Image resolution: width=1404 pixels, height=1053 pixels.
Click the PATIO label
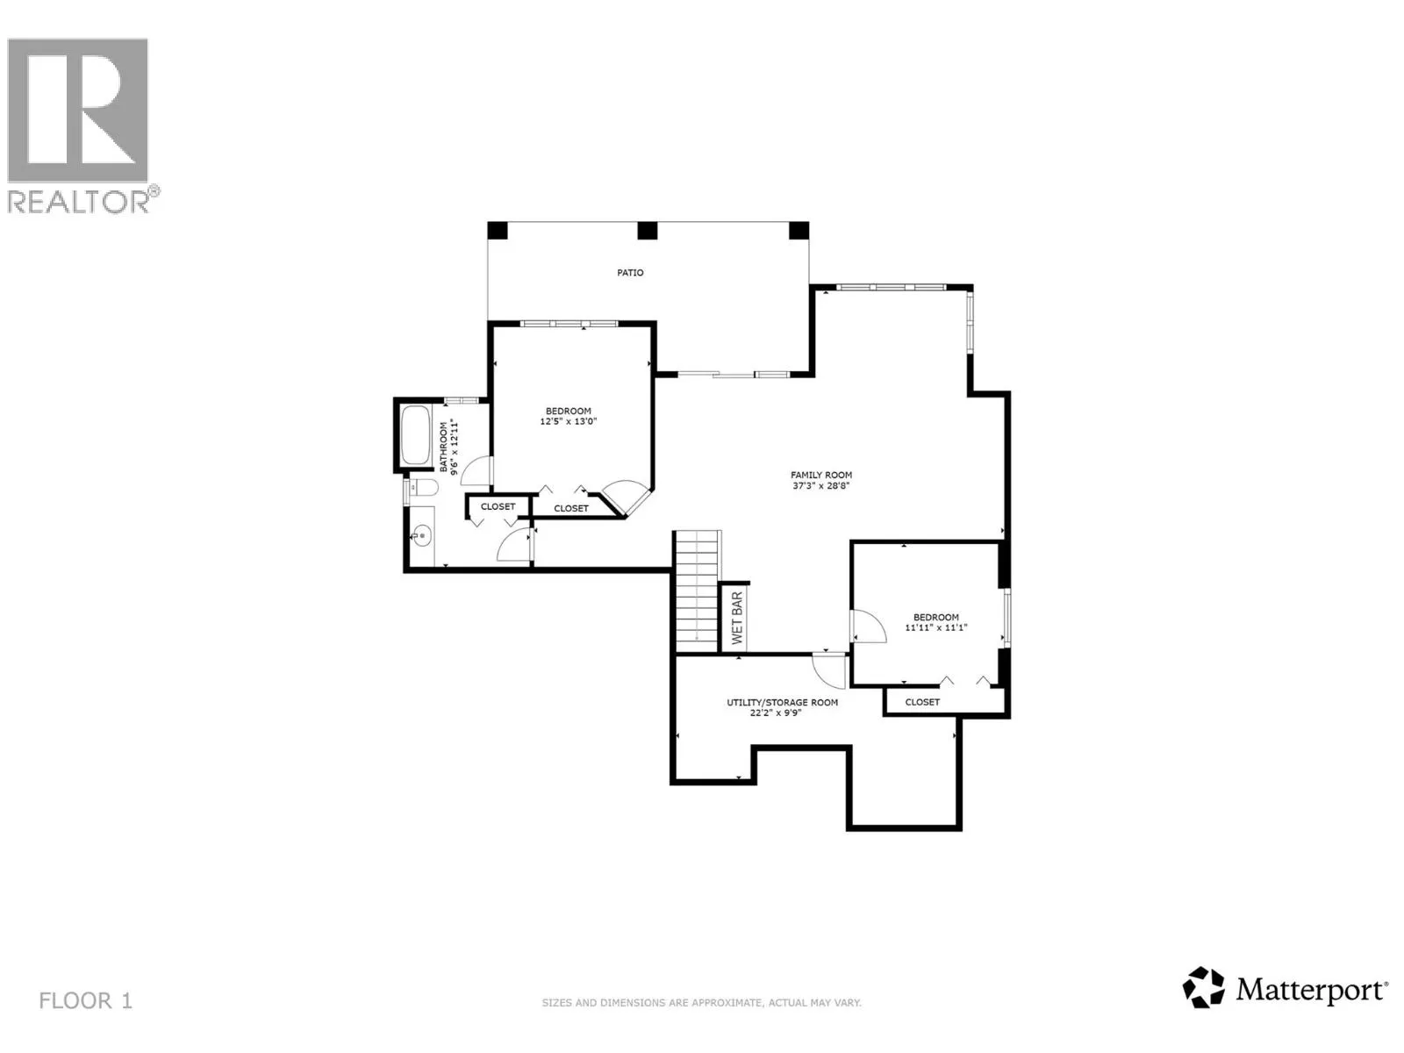pos(629,273)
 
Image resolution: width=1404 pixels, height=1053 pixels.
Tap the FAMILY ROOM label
pos(820,475)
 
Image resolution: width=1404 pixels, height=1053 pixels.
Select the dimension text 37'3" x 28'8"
pos(820,485)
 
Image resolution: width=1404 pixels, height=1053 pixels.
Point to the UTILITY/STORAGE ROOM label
pos(781,702)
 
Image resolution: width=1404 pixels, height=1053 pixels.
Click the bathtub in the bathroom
pos(413,436)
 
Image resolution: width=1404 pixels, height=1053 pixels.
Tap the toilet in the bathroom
pos(425,488)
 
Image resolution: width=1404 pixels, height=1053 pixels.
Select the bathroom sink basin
pos(422,534)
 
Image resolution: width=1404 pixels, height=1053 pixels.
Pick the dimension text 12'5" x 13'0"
pos(568,421)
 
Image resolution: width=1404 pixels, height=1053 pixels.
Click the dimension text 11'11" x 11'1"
pos(935,627)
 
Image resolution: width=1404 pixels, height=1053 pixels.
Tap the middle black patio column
pos(647,231)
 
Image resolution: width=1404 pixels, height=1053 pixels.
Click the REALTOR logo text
pos(83,201)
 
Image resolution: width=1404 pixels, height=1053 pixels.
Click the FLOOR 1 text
pos(85,1000)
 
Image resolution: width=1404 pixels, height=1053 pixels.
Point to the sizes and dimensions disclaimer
pos(701,1002)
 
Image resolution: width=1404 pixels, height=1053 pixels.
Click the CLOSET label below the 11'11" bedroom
pos(921,702)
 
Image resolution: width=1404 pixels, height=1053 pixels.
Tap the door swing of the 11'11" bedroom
pos(866,627)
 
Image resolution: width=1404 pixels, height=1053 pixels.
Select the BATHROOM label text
pos(443,448)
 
